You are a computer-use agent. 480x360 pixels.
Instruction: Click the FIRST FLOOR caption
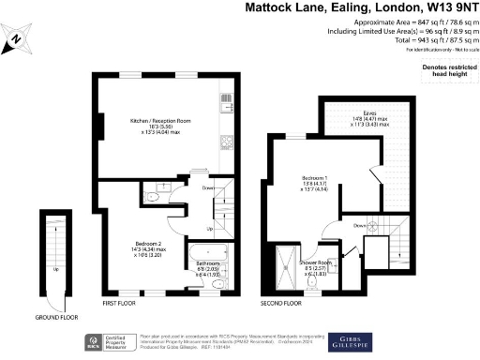pyautogui.click(x=123, y=305)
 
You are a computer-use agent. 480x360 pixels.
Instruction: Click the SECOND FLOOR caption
pyautogui.click(x=280, y=305)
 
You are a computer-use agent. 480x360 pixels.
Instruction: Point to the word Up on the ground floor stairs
pyautogui.click(x=55, y=268)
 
